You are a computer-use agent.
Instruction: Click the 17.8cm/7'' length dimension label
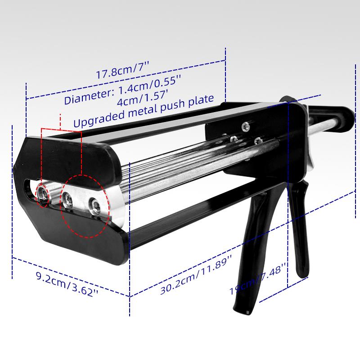(122, 70)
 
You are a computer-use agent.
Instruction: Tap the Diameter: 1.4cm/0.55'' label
(122, 90)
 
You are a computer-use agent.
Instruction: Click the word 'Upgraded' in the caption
(99, 117)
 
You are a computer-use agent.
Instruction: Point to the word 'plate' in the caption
(201, 101)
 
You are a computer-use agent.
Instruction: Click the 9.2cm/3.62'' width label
(67, 284)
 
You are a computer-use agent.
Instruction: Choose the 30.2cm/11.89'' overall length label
(196, 274)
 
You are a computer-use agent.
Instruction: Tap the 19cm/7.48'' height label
(257, 279)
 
